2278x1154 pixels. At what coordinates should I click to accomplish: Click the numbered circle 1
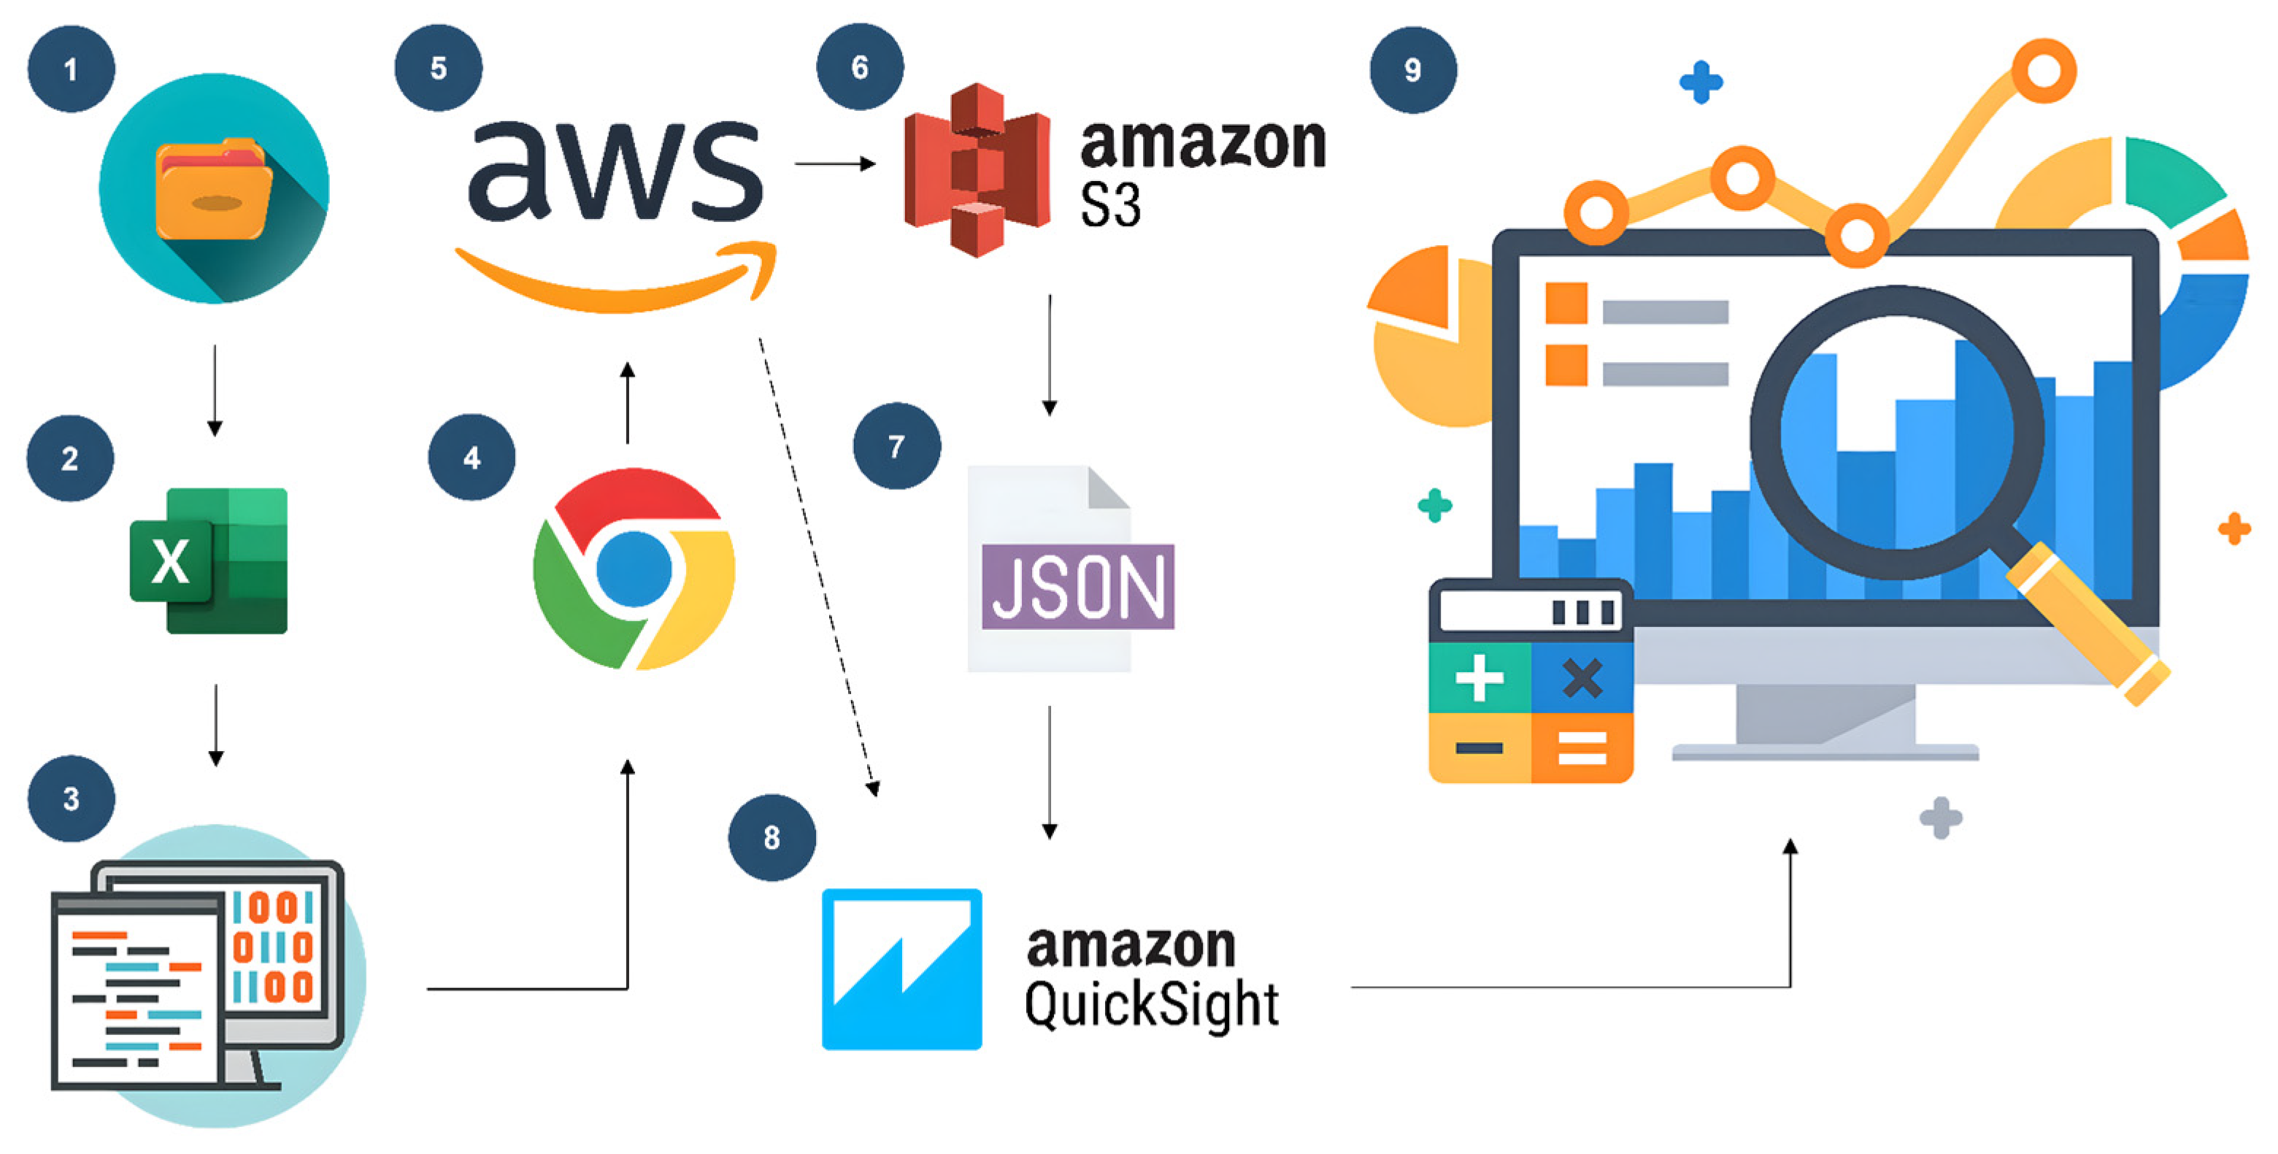point(71,69)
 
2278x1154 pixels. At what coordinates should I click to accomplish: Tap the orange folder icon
point(214,190)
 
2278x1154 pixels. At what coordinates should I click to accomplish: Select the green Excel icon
point(209,561)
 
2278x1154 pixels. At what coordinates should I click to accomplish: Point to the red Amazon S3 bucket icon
point(977,170)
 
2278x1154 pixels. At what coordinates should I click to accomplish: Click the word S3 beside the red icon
point(1110,205)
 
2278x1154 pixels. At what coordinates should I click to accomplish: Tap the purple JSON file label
point(1077,586)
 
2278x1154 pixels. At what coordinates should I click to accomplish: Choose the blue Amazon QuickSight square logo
point(901,969)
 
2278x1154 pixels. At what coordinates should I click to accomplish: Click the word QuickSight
point(1150,1005)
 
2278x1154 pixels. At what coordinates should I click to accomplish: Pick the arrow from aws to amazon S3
point(834,164)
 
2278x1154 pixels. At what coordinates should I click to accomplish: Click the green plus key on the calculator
point(1479,679)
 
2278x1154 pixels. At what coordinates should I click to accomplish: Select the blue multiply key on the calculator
point(1582,679)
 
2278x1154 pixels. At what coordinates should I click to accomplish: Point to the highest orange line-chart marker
point(2044,71)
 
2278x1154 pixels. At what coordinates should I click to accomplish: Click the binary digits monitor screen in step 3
point(274,946)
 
